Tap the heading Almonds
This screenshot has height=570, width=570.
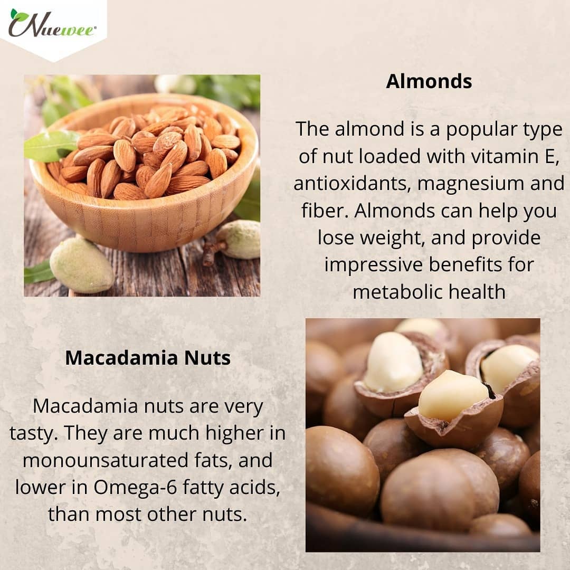pos(429,81)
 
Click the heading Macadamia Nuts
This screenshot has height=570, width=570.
pos(148,358)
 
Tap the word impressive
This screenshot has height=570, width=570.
pos(374,264)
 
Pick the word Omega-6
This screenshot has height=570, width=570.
pos(135,487)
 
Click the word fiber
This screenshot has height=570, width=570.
pos(325,211)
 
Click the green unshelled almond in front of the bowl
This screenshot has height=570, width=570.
pos(81,265)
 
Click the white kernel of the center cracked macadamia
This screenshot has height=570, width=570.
pos(453,395)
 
